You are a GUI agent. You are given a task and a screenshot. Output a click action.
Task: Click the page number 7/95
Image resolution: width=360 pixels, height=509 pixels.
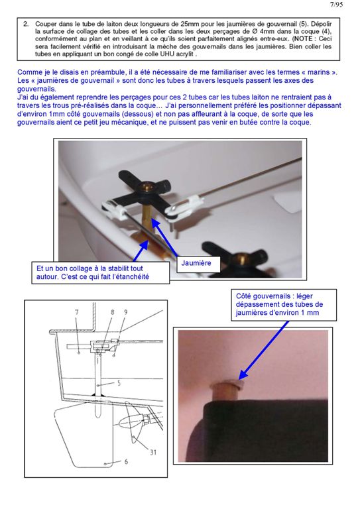coord(336,5)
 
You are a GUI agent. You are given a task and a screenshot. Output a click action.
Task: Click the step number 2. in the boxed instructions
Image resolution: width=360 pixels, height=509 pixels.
coord(26,24)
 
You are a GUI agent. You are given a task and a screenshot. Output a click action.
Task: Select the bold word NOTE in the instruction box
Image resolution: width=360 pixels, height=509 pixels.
coord(304,38)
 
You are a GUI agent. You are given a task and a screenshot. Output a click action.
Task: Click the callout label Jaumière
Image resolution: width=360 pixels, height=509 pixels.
coord(196,263)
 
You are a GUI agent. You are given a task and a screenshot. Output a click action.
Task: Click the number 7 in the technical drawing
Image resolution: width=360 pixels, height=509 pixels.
coord(77,312)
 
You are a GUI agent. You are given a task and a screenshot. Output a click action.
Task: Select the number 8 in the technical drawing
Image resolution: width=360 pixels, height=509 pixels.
coord(112,312)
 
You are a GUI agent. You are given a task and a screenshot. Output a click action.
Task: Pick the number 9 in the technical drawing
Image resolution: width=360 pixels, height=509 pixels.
coord(125,312)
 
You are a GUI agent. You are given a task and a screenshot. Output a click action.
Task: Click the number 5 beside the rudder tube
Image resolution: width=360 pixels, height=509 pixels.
coord(119,383)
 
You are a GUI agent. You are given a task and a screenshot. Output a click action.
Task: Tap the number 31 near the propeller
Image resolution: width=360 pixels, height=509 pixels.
coord(153,452)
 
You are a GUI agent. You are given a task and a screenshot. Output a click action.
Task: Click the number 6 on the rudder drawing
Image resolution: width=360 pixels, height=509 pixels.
coord(126,461)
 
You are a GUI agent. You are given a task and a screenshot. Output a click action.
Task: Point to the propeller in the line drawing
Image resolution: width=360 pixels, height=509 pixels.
coord(134,422)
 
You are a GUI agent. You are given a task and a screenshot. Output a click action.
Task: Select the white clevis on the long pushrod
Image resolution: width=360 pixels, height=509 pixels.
coord(183,206)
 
